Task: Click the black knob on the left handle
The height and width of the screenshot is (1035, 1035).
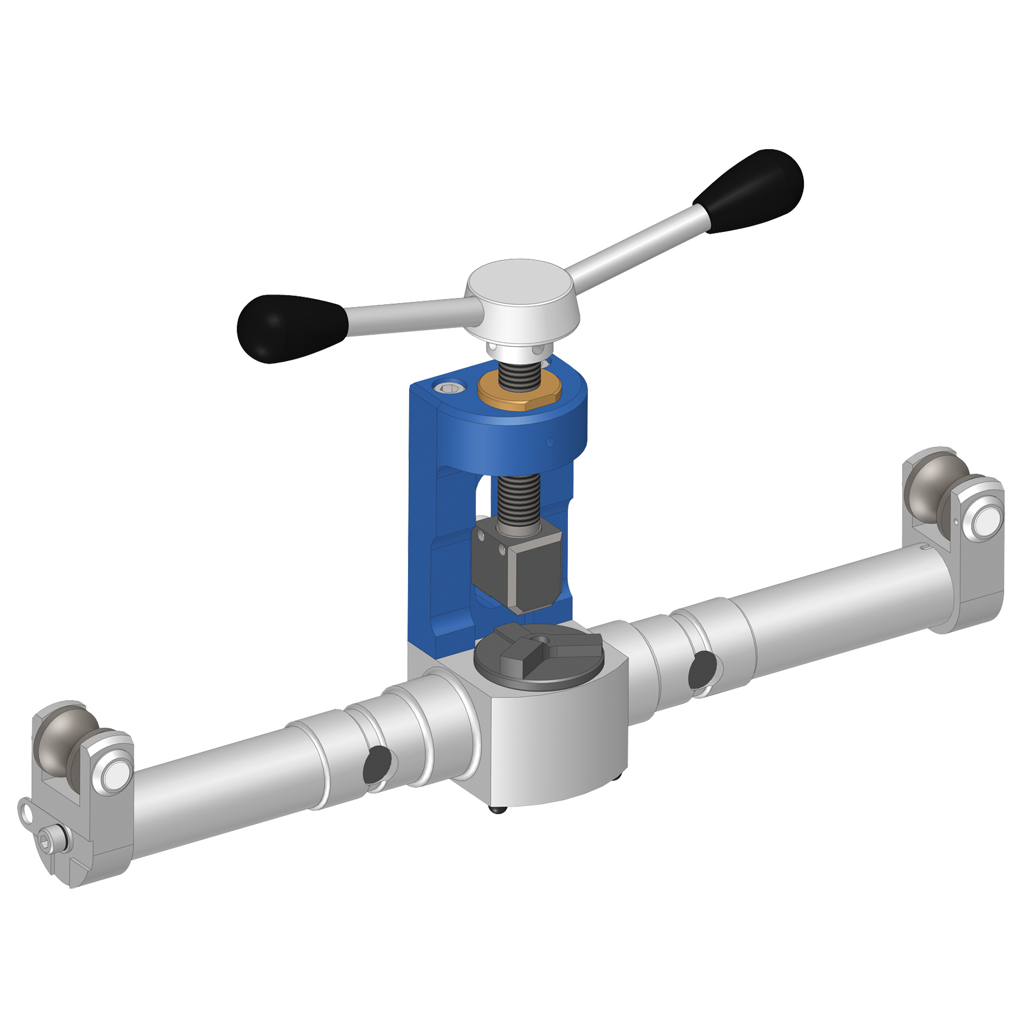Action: [289, 328]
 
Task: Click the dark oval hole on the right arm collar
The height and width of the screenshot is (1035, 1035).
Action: [702, 670]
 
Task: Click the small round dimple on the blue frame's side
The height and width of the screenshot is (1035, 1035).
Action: [550, 442]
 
